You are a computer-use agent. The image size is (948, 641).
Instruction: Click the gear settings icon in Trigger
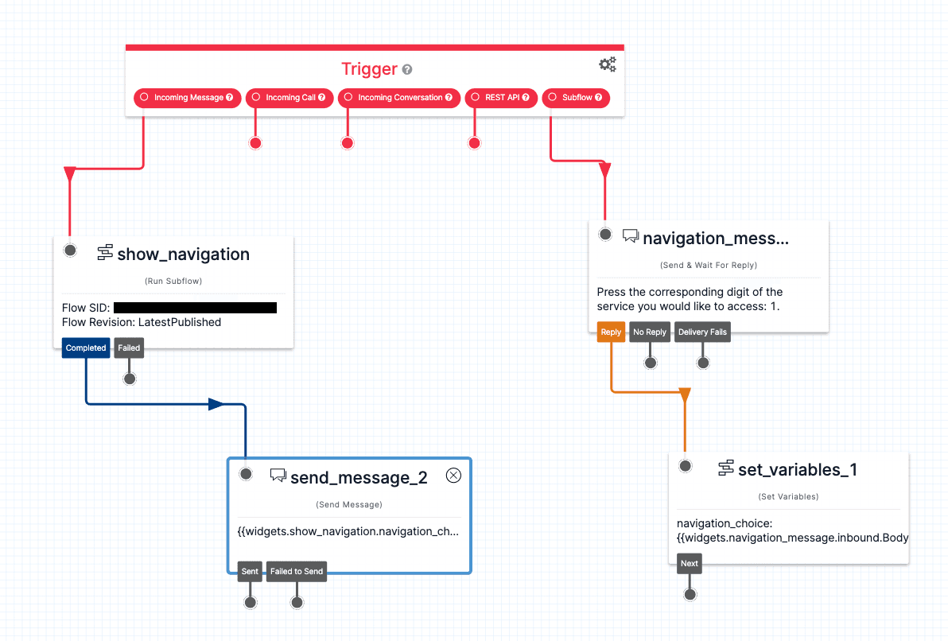coord(608,65)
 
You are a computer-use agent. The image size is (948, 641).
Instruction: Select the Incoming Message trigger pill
coord(188,98)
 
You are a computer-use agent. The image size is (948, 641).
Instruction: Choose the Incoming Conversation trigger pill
coord(399,98)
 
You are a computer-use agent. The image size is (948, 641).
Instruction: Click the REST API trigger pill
coord(501,98)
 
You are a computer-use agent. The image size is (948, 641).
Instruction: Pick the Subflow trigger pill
coord(576,98)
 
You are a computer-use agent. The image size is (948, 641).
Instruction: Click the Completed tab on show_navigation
coord(86,348)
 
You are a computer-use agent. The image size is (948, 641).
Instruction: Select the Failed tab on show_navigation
coord(129,348)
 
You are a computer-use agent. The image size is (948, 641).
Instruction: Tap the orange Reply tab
coord(611,332)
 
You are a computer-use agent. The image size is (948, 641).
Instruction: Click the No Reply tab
coord(650,332)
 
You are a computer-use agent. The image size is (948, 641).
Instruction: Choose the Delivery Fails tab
coord(702,332)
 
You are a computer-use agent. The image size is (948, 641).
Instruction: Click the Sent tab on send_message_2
coord(250,571)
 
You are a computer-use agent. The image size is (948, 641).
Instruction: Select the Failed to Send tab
coord(297,571)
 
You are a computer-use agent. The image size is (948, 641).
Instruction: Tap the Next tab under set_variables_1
coord(690,564)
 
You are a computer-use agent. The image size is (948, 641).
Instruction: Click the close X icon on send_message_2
coord(453,476)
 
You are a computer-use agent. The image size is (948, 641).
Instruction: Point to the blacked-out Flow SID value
coord(195,308)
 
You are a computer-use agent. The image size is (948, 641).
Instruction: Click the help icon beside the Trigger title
coord(407,70)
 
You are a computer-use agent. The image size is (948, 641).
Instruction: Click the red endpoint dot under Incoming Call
coord(255,143)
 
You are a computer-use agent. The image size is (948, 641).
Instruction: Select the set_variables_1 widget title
coord(797,469)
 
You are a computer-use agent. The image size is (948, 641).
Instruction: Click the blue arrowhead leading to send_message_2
coord(216,404)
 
